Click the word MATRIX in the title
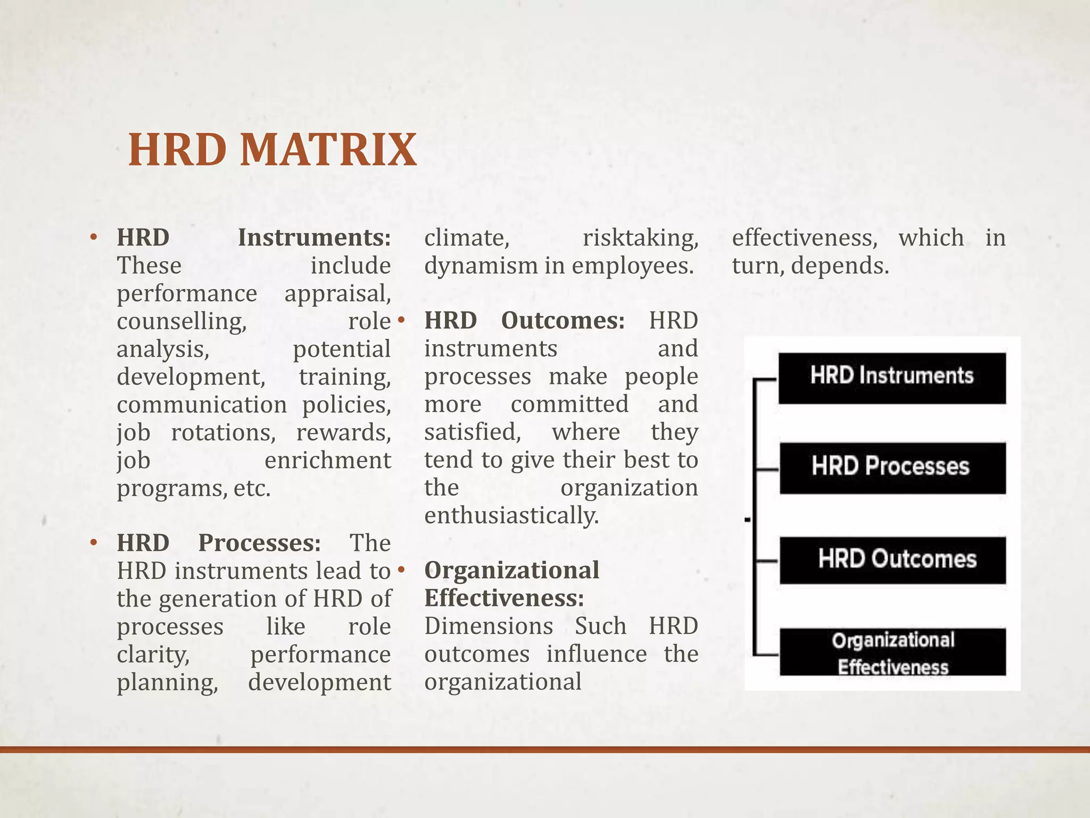(328, 150)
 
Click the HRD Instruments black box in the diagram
(891, 377)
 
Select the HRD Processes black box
(891, 467)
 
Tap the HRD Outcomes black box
(893, 560)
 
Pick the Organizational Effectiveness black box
(893, 653)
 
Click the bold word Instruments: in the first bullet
(314, 238)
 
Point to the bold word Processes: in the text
(259, 543)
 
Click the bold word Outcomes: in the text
(563, 321)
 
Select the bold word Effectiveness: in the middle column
(503, 599)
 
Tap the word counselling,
(181, 321)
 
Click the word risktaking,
(640, 238)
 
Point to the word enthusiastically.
(511, 516)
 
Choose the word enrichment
(327, 460)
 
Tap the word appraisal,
(337, 293)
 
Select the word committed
(569, 404)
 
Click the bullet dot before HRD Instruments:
(94, 238)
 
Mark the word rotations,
(223, 432)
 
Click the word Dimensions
(488, 626)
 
